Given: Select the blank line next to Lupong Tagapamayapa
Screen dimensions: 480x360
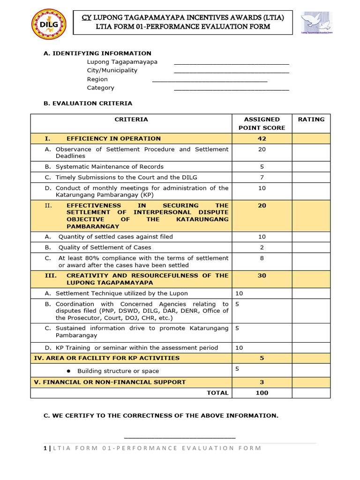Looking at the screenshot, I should (232, 63).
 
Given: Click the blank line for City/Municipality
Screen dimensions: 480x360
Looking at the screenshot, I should (232, 72).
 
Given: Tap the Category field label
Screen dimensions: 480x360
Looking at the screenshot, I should (100, 88).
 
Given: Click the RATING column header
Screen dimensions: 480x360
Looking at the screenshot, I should (311, 120).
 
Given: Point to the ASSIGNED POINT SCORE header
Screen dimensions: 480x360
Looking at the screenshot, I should (262, 123).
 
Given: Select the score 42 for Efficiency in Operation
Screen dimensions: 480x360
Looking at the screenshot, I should (262, 139).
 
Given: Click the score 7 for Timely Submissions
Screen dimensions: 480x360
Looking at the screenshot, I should (262, 177).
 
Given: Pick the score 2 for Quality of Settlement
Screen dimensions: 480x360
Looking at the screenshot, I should (262, 247).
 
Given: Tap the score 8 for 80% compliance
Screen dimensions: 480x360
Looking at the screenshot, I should (262, 258).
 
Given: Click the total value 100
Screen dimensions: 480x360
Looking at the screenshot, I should (262, 393).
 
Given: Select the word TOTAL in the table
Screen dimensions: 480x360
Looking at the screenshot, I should (217, 393).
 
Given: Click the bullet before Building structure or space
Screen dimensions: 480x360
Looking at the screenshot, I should (68, 371).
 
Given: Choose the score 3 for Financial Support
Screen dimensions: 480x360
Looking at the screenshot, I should (262, 382).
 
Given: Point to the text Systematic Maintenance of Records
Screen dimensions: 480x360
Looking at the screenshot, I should (109, 166).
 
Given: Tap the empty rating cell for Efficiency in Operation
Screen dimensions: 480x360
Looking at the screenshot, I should (311, 139).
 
